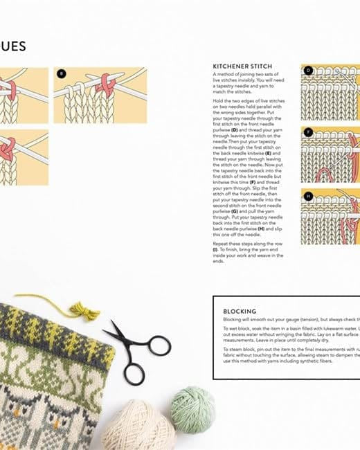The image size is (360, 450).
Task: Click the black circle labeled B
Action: click(x=61, y=73)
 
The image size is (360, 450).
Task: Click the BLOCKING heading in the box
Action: click(x=240, y=312)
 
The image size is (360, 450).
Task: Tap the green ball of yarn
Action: click(x=192, y=409)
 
